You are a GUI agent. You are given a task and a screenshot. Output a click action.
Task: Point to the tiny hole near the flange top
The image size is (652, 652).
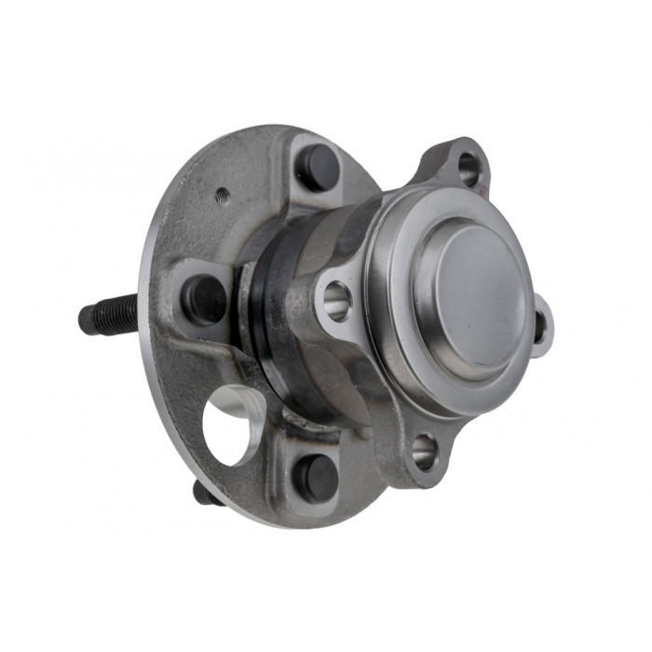pos(222,196)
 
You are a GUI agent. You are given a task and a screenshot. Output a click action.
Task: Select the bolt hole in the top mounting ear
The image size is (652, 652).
pos(469,169)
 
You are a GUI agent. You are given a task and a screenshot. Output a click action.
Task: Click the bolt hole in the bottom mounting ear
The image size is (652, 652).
pos(424,452)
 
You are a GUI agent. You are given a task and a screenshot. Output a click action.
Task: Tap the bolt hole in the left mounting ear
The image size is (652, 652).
pos(336,299)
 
